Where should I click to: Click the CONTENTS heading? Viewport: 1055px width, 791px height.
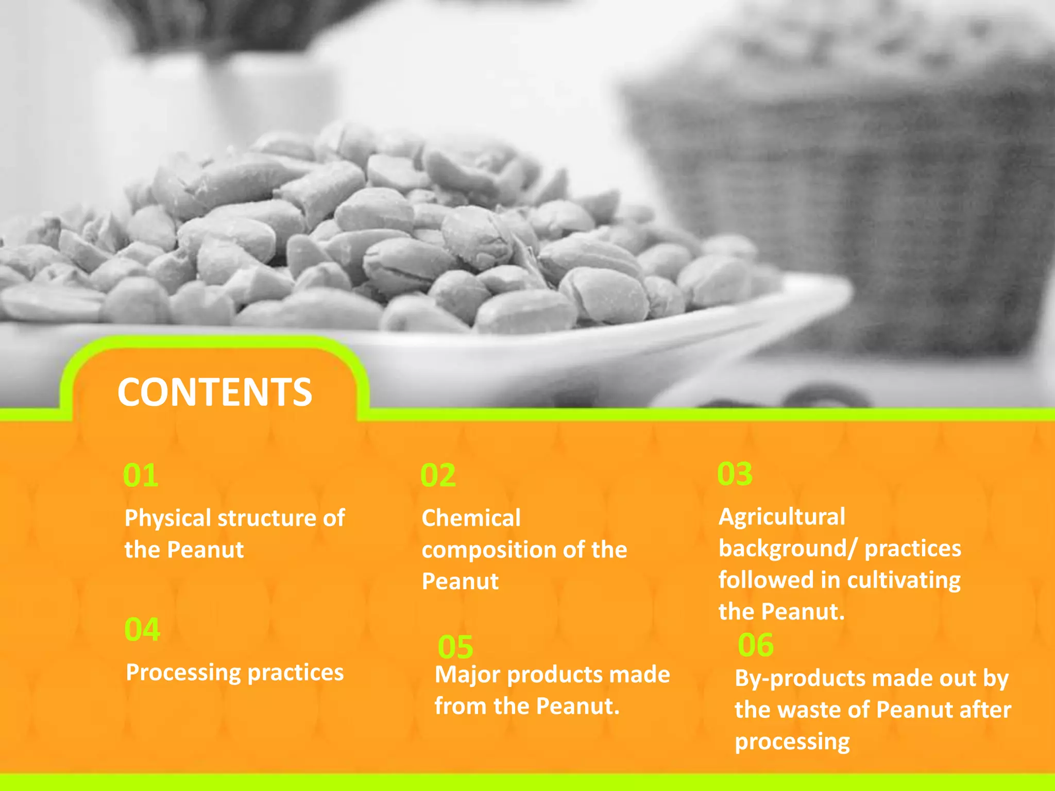(x=214, y=392)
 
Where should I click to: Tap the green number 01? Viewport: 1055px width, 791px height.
(x=141, y=475)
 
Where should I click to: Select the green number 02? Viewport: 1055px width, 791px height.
(x=438, y=475)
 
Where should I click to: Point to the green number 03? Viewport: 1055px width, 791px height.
(x=735, y=474)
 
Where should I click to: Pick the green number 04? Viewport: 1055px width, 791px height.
(x=142, y=629)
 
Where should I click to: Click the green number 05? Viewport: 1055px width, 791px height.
(x=455, y=647)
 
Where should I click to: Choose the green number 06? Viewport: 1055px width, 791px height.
(x=755, y=645)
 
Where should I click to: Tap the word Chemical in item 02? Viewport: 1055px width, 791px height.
(x=471, y=518)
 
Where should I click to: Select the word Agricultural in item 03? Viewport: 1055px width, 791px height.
(x=781, y=517)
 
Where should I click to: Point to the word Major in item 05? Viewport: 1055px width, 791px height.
(x=467, y=675)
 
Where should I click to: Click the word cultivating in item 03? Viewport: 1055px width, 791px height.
(x=904, y=580)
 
